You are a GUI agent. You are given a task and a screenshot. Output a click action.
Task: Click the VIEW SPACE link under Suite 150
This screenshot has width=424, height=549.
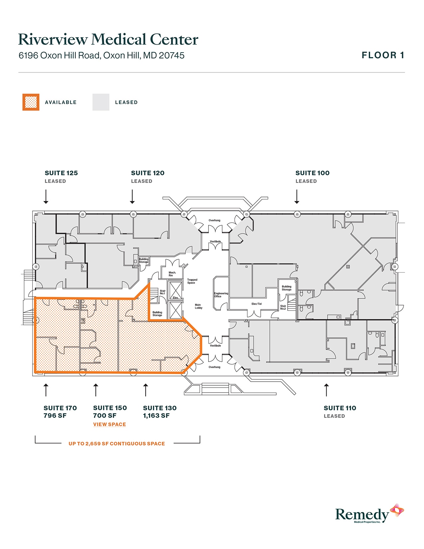click(x=109, y=424)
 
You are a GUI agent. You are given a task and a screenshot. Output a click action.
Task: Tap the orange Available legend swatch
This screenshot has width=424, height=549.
click(x=31, y=102)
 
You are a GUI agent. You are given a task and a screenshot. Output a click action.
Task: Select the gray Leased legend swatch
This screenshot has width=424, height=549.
click(x=101, y=102)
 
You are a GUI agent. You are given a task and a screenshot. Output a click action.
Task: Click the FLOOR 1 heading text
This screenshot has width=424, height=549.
click(x=383, y=55)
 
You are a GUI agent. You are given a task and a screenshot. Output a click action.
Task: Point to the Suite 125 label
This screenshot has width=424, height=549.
click(x=61, y=173)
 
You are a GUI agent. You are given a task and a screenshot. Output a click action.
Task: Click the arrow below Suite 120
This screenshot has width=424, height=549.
click(x=132, y=196)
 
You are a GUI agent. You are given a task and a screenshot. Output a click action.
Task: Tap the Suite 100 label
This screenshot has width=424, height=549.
click(x=312, y=173)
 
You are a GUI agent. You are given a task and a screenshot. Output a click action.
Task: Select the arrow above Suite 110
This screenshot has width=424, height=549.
click(x=326, y=390)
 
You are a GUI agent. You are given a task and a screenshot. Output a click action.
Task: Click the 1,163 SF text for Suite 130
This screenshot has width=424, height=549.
click(x=156, y=416)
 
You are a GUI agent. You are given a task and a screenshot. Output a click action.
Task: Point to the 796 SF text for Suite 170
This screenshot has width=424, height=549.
click(x=55, y=416)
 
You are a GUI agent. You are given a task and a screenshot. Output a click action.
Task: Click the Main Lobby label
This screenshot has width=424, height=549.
click(x=199, y=306)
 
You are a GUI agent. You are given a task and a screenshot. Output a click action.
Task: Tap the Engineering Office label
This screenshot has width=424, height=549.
click(x=221, y=295)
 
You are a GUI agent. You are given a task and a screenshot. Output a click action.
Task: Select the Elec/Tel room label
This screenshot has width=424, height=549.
click(x=256, y=304)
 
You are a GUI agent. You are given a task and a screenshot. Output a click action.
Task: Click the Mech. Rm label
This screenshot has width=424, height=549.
click(x=172, y=274)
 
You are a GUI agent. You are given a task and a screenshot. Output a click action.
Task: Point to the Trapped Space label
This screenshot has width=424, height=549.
click(x=192, y=281)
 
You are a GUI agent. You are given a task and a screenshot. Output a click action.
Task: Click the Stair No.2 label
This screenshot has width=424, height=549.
click(x=283, y=307)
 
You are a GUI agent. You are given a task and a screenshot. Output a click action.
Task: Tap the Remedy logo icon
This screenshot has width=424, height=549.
click(x=397, y=510)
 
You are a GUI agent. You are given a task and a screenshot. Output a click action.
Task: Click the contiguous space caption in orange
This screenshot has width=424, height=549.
click(x=117, y=444)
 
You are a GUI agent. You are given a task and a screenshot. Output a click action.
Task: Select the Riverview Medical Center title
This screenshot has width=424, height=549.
click(x=108, y=39)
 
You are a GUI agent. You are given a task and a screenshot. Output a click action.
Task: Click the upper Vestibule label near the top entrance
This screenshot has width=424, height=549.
click(x=215, y=242)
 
